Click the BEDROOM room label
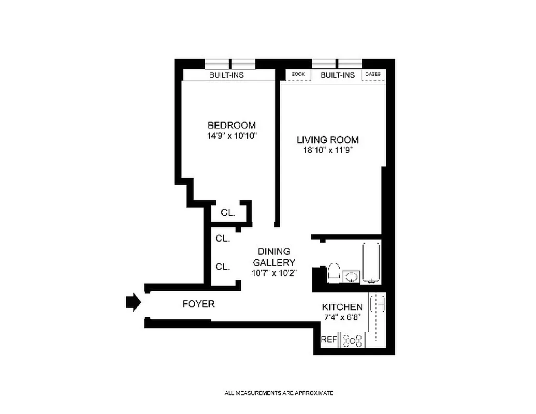point(231,125)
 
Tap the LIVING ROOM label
point(327,140)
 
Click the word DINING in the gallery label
point(274,252)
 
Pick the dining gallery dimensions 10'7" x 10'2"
point(274,273)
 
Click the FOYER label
point(198,304)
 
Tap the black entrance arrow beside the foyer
point(133,302)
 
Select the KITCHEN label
point(342,307)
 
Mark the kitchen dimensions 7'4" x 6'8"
point(342,317)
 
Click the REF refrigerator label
point(329,340)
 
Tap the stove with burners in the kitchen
point(352,340)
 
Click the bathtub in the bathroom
point(371,262)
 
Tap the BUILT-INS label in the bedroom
point(226,75)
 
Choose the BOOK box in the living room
point(298,75)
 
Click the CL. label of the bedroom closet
point(228,213)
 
